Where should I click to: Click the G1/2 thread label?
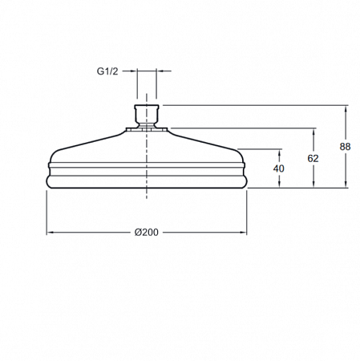tap(107, 71)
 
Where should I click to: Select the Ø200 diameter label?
tap(146, 233)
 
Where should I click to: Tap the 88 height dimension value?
tap(345, 147)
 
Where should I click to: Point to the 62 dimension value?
tap(313, 159)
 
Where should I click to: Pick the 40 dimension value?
tap(279, 168)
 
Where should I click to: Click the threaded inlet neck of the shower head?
tap(147, 116)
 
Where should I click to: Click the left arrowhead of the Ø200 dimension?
tap(50, 233)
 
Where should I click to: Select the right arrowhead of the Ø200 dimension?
tap(244, 233)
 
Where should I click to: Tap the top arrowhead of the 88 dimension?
tap(346, 109)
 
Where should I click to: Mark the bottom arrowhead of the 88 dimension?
tap(346, 185)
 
